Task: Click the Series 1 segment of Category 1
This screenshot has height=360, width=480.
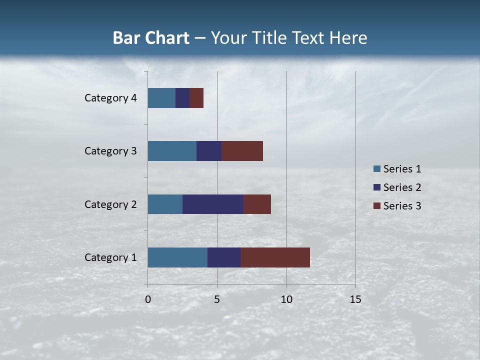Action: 177,257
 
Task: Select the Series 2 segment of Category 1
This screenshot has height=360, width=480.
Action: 224,257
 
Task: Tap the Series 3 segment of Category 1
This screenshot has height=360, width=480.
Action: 275,257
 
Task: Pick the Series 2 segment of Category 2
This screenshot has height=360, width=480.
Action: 213,204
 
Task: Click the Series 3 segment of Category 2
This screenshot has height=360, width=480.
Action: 257,204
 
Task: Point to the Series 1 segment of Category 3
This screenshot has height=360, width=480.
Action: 172,151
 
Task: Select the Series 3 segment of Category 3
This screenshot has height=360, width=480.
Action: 242,151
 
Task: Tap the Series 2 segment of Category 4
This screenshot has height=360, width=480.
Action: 182,98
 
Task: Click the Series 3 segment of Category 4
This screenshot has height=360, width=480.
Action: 196,98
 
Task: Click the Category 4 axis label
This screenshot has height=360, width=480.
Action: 110,98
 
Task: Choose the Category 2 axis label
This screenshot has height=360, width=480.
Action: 110,204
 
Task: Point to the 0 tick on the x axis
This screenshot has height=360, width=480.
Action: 148,299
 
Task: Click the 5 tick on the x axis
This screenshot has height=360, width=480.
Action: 217,299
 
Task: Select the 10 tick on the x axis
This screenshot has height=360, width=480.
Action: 286,299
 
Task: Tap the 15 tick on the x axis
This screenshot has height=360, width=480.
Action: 355,299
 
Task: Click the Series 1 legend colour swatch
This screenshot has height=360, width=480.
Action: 376,168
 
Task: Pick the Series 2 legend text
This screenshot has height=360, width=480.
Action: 402,187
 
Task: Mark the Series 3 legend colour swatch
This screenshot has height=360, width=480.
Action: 376,205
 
